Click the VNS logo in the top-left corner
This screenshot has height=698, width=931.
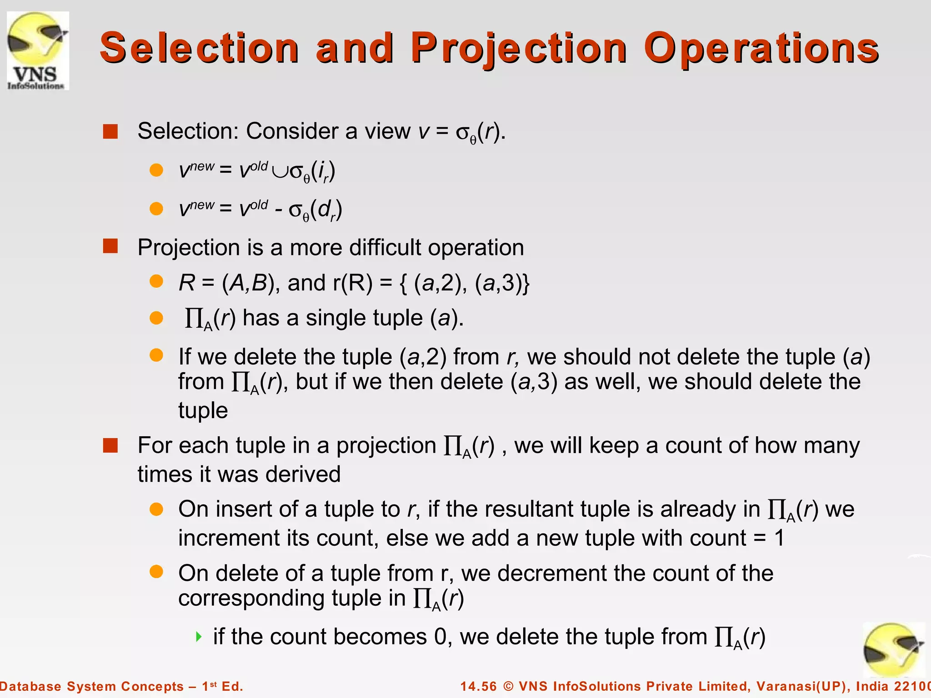point(38,51)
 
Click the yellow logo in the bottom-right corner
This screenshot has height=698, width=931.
point(893,650)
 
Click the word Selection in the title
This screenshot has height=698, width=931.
point(199,48)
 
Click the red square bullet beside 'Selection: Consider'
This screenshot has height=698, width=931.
point(110,131)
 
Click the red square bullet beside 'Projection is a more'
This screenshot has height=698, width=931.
point(110,246)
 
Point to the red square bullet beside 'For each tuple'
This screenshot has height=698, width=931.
point(110,445)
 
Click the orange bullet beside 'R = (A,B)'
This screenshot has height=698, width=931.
point(156,282)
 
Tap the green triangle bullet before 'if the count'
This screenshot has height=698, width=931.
point(198,636)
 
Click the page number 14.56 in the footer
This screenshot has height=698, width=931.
point(479,686)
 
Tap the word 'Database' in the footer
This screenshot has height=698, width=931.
point(30,686)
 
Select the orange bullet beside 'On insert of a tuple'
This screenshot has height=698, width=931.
point(156,509)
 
